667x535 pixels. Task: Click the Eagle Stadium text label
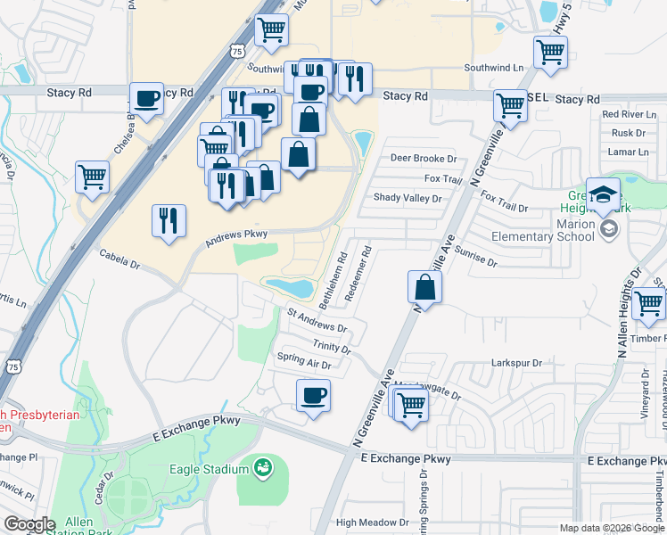[209, 444]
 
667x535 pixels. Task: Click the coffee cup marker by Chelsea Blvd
[146, 98]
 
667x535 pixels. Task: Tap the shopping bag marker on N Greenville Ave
[425, 288]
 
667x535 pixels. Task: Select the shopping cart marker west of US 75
[92, 177]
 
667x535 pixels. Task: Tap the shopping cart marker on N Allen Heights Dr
[648, 304]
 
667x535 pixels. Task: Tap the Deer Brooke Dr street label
[424, 158]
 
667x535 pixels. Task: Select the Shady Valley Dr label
[407, 198]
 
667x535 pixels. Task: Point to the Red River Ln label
[629, 114]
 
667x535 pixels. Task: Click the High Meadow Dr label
[372, 523]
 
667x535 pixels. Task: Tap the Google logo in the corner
[30, 523]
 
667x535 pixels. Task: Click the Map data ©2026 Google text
[610, 528]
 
